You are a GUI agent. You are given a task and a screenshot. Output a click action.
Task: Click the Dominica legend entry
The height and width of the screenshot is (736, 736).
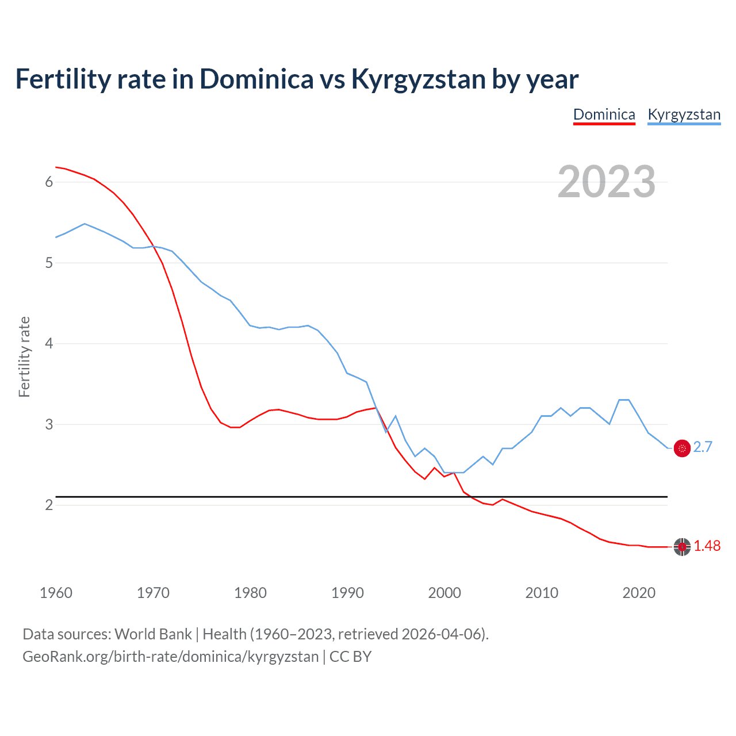[x=604, y=114]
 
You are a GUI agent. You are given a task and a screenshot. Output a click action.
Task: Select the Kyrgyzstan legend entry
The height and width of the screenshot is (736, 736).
[x=684, y=114]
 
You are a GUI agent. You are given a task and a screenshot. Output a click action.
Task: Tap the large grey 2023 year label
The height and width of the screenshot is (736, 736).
[x=606, y=182]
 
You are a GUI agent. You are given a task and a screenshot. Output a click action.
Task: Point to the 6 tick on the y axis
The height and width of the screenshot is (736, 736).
[x=49, y=182]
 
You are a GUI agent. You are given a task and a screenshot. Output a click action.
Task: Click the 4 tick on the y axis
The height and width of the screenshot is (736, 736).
[x=49, y=343]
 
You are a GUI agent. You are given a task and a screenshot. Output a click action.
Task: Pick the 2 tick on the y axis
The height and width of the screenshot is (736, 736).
[x=49, y=505]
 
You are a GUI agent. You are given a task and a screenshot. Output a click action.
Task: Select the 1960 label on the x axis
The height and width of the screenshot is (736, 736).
[x=56, y=593]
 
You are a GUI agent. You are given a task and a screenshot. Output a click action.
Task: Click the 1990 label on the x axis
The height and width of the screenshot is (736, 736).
[x=347, y=593]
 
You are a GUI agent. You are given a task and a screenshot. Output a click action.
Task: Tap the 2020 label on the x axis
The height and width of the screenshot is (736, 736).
[x=639, y=593]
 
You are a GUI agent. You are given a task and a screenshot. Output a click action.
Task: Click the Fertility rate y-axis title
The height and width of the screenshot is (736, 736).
[x=24, y=356]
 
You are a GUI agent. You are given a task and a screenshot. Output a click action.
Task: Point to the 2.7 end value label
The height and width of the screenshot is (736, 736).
[x=703, y=447]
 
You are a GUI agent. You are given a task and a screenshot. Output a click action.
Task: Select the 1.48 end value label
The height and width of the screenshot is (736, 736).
[x=707, y=546]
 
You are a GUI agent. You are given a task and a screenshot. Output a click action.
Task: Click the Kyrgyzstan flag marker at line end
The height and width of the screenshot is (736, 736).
[x=682, y=448]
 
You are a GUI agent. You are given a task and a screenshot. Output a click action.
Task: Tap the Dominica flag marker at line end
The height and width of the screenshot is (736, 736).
[x=682, y=547]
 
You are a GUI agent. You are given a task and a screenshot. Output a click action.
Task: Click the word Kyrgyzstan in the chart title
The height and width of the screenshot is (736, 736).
[x=418, y=79]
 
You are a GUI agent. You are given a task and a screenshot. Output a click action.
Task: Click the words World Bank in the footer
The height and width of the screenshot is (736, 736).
[x=153, y=634]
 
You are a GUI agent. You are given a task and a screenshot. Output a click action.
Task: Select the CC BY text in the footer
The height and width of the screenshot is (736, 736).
[x=350, y=657]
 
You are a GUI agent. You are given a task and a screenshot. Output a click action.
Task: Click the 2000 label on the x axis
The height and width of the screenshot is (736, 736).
[x=444, y=593]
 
